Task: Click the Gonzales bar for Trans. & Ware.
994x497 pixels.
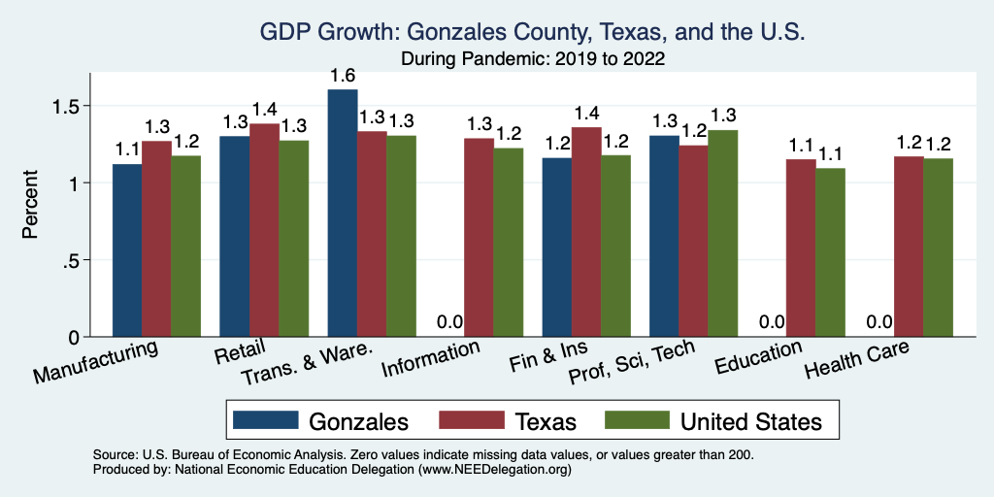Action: (x=343, y=214)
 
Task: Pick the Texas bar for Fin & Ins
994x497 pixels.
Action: (x=587, y=232)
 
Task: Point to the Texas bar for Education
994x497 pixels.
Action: (x=801, y=248)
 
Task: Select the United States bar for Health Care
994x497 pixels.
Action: (x=938, y=248)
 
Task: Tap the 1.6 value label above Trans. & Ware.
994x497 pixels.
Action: (x=343, y=76)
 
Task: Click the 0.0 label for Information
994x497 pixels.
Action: (x=449, y=322)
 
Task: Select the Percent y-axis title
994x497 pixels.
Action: (x=32, y=206)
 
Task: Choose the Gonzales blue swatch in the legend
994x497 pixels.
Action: (x=265, y=420)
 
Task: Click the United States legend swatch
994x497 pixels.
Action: (x=636, y=420)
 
